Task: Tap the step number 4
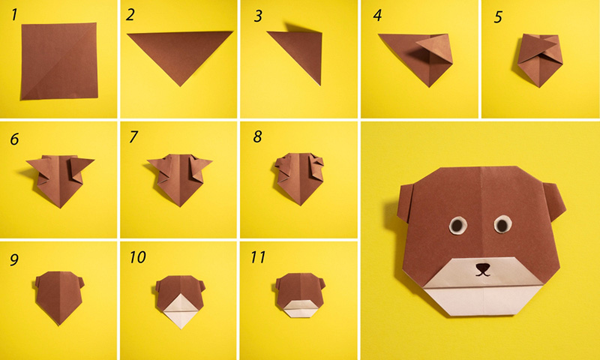[377, 15]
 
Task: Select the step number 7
[133, 137]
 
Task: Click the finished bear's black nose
[482, 266]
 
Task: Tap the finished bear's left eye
[457, 224]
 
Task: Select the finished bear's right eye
[502, 223]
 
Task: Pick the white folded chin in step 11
[298, 307]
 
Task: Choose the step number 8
[257, 137]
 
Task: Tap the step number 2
[131, 14]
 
